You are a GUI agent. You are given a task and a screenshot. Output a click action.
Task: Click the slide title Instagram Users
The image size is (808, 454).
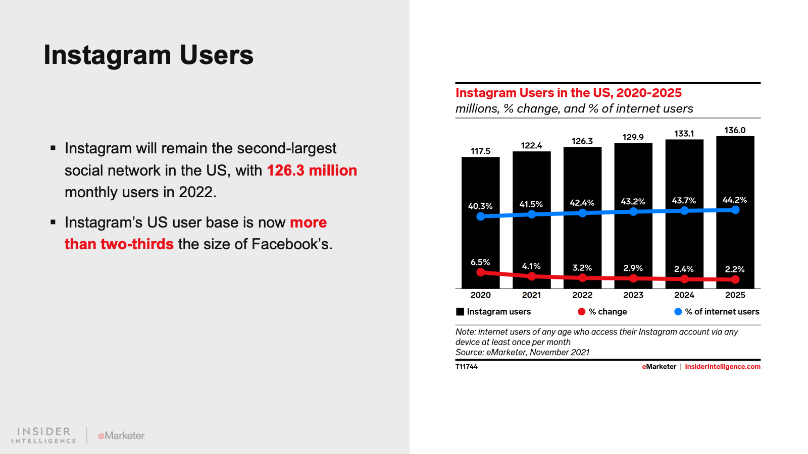148,55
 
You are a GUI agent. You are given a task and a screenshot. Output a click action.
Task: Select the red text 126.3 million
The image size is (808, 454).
312,171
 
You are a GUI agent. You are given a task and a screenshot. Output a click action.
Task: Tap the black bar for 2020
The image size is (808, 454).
480,237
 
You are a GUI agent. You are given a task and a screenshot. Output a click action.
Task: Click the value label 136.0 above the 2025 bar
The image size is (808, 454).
735,130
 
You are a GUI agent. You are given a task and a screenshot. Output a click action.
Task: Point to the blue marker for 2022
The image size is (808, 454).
582,213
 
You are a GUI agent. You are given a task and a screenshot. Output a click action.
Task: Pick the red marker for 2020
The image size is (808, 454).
481,272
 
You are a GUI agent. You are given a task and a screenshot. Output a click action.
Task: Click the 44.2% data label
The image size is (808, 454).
735,200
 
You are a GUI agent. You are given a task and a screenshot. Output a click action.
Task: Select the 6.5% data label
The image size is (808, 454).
480,262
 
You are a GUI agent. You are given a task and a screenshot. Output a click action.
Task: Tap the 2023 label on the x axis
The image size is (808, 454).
633,295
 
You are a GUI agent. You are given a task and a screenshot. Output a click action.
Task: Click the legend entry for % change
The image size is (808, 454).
608,312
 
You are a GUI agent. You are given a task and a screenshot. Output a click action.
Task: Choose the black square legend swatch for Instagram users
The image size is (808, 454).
460,312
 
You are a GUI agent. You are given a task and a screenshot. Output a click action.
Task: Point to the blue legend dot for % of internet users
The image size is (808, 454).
678,312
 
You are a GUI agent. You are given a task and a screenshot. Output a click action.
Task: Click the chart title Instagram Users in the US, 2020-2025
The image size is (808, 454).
569,93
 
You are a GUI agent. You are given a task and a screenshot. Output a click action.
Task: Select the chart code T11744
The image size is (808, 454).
466,367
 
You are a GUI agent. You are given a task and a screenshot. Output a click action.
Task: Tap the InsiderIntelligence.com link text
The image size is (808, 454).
722,367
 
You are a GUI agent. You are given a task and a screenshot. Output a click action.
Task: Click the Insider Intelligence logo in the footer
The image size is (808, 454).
44,435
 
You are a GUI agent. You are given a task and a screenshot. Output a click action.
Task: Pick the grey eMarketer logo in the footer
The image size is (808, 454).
121,435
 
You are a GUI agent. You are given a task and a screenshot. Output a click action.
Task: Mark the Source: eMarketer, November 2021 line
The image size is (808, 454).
522,353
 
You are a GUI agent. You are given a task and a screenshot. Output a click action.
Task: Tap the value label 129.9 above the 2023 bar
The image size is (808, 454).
633,137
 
